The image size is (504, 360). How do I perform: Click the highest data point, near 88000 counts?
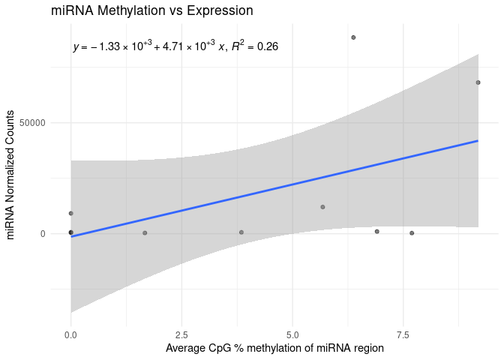click(353, 37)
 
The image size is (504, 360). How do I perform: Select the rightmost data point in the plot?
click(478, 82)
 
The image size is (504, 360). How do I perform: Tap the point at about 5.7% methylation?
click(322, 207)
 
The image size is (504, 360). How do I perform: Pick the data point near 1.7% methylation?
click(145, 232)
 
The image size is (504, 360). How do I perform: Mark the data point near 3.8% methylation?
click(241, 232)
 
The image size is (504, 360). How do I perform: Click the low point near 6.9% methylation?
click(376, 231)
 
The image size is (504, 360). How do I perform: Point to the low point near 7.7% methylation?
click(412, 233)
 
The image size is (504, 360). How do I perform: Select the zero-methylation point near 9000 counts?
click(70, 213)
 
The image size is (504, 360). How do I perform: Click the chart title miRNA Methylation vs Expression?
click(151, 11)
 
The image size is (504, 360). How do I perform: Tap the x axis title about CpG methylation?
click(274, 349)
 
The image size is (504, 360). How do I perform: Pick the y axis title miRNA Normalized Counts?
click(11, 175)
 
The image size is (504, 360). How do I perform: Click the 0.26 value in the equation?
click(268, 47)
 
